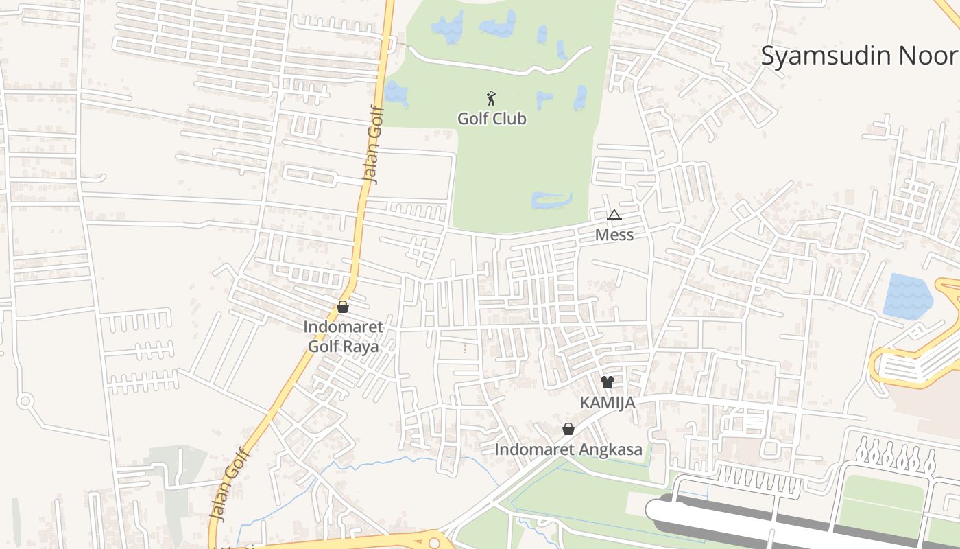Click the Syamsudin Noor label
[x=860, y=56]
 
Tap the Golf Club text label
[x=492, y=119]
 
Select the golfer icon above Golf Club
[x=491, y=98]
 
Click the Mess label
[x=614, y=235]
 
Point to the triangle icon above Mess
[x=614, y=215]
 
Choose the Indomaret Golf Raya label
[x=343, y=336]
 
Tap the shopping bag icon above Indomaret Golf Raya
[x=343, y=307]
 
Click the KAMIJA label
[x=608, y=403]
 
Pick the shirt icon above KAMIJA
[x=608, y=382]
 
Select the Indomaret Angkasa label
[x=568, y=450]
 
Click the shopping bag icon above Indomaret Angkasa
[x=568, y=430]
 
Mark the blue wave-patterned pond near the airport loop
[x=907, y=296]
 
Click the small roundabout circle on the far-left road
[x=25, y=400]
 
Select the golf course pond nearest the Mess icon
[x=552, y=200]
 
